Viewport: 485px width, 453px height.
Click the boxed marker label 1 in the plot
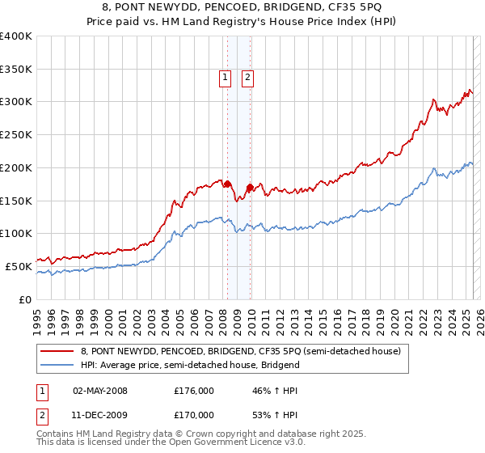point(224,78)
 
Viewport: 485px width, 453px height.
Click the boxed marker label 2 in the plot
point(247,78)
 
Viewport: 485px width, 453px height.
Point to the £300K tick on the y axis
point(16,102)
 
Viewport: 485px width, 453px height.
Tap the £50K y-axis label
point(19,266)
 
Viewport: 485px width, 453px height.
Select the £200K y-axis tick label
point(16,167)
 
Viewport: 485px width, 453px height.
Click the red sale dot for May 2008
point(227,183)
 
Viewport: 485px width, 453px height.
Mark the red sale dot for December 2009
point(250,188)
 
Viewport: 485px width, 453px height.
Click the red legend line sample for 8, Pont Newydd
point(57,351)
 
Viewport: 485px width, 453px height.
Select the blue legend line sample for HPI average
point(57,365)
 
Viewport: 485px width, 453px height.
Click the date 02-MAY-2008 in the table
point(100,391)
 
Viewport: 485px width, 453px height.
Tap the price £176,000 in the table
point(194,391)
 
